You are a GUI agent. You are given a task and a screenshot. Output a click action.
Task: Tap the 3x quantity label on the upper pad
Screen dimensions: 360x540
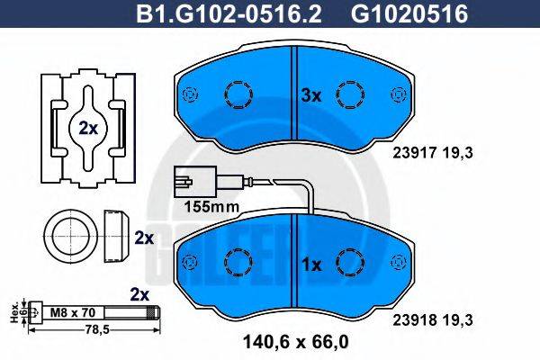point(310,94)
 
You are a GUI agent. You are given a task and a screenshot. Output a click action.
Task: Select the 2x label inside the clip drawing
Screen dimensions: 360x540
point(88,128)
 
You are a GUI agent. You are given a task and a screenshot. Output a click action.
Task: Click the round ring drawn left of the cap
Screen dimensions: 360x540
point(68,236)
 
